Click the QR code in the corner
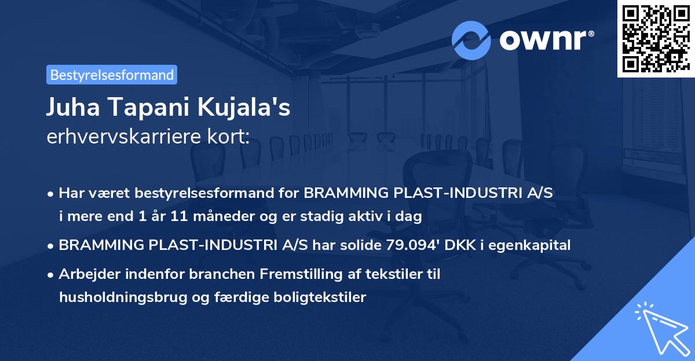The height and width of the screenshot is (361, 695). (656, 38)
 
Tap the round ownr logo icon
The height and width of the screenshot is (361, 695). (471, 40)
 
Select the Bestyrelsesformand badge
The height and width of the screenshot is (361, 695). (112, 75)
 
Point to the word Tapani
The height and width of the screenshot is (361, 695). (144, 108)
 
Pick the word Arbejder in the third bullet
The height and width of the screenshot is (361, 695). (85, 274)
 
